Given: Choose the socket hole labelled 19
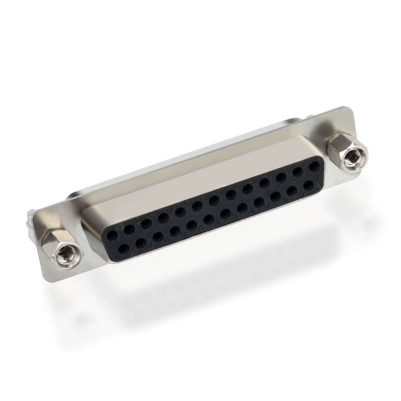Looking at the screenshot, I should (x=225, y=213).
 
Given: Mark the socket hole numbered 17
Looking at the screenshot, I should (x=258, y=201).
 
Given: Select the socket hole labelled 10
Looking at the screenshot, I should (x=163, y=217).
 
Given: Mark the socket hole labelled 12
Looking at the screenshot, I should (x=128, y=228).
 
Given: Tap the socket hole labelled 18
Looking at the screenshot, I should (x=242, y=207).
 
